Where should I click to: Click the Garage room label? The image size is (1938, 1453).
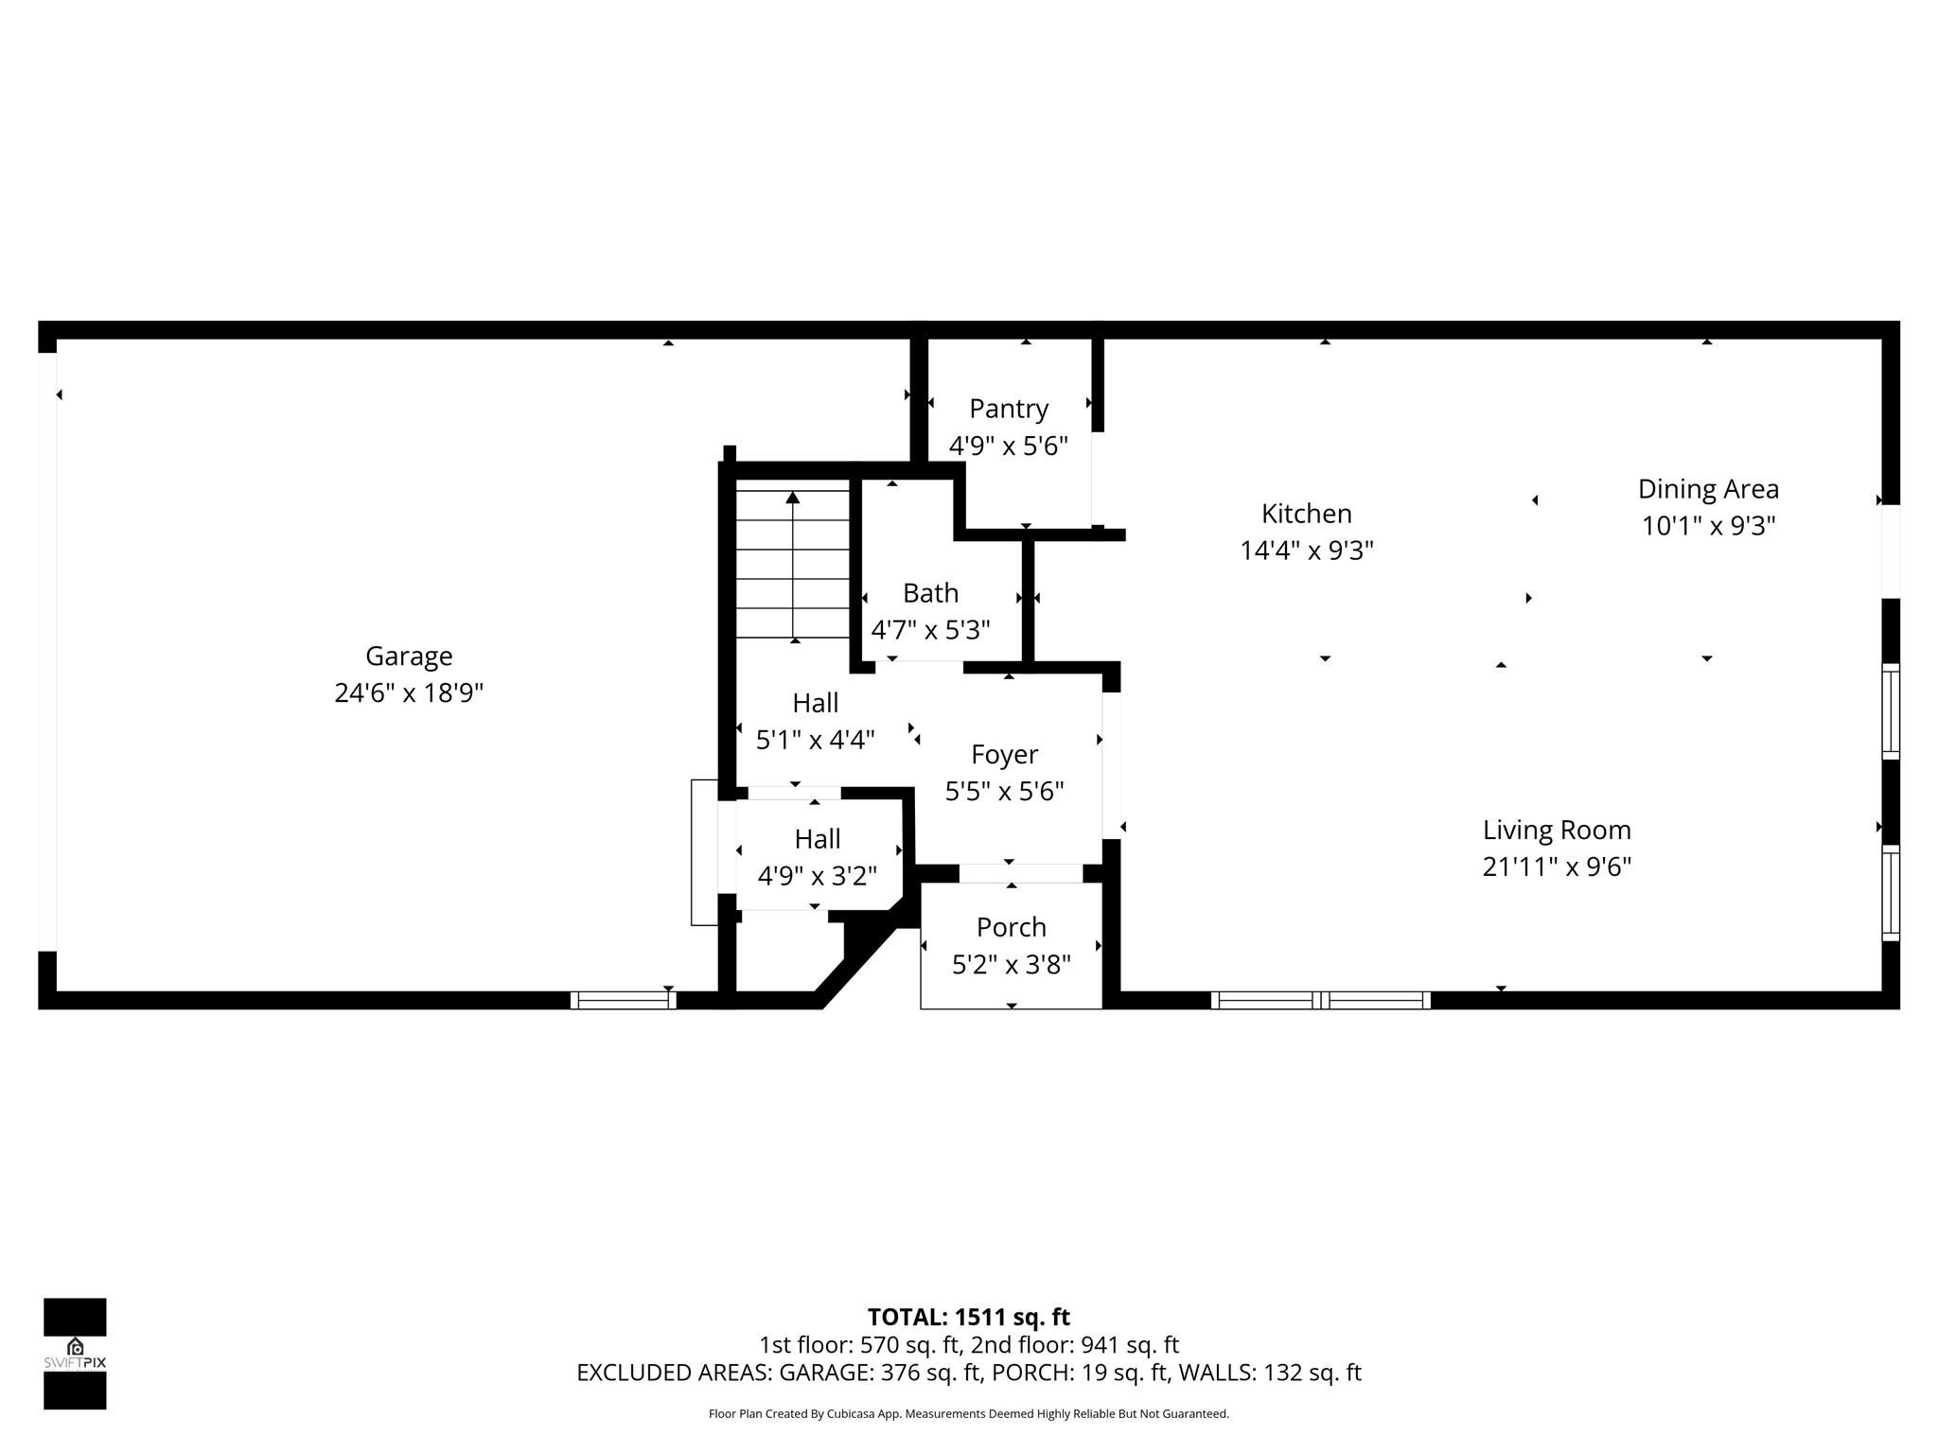pyautogui.click(x=409, y=656)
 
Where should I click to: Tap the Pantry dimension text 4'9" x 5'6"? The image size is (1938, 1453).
pyautogui.click(x=1008, y=446)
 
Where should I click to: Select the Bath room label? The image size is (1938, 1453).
pyautogui.click(x=930, y=593)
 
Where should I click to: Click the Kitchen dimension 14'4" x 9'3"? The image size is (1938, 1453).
pyautogui.click(x=1306, y=550)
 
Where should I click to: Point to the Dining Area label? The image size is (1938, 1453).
pyautogui.click(x=1707, y=489)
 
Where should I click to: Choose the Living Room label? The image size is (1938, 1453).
pyautogui.click(x=1556, y=830)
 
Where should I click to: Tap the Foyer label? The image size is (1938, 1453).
pyautogui.click(x=1004, y=754)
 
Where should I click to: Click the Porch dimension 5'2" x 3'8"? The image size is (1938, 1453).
pyautogui.click(x=1011, y=964)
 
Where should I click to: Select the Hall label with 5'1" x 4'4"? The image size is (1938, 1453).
pyautogui.click(x=815, y=703)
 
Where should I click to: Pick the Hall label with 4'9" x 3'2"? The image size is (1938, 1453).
pyautogui.click(x=817, y=839)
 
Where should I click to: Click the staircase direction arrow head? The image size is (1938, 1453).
pyautogui.click(x=793, y=498)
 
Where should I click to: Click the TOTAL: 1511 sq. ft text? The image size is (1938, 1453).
pyautogui.click(x=968, y=1317)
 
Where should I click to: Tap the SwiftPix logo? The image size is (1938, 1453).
pyautogui.click(x=75, y=1353)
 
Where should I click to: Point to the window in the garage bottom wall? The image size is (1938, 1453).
pyautogui.click(x=623, y=1000)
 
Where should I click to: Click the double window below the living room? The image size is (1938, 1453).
pyautogui.click(x=1320, y=1000)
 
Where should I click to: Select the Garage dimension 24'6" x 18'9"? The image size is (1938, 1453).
pyautogui.click(x=409, y=693)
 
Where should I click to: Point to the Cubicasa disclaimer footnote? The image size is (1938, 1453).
pyautogui.click(x=968, y=1414)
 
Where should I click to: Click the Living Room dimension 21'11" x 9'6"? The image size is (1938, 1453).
pyautogui.click(x=1556, y=867)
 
